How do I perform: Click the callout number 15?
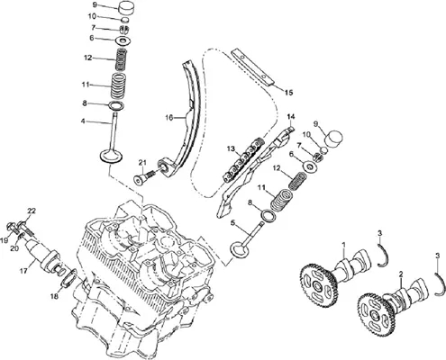pos(288,93)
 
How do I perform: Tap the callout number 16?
pos(169,118)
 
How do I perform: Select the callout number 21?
pos(142,163)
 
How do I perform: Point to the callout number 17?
pos(24,271)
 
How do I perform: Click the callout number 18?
pos(54,297)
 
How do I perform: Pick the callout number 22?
pos(32,211)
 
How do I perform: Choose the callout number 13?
pos(231,148)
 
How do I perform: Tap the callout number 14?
pos(291,116)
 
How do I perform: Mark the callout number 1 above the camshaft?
pos(344,245)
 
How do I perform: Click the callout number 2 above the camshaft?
pos(401,274)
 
